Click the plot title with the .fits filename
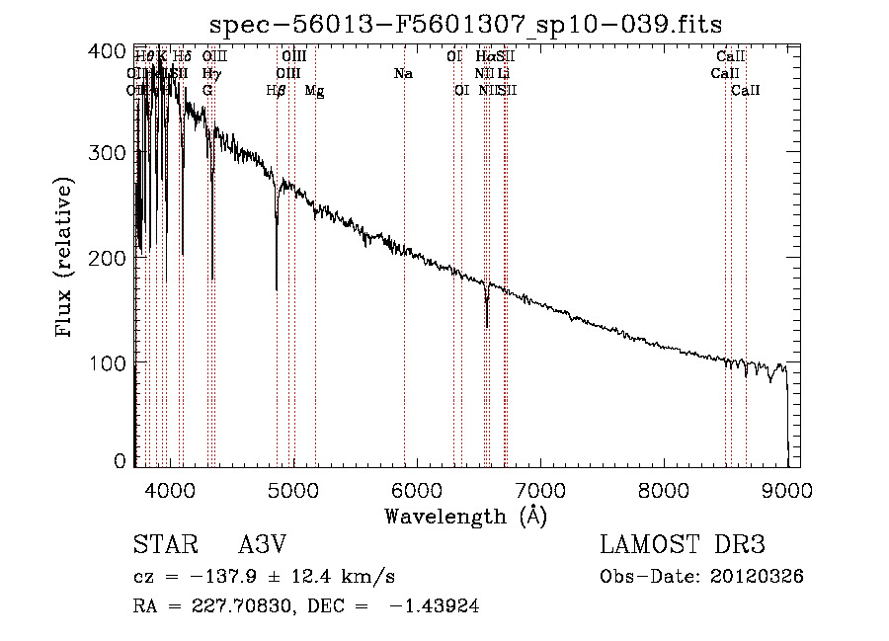[x=467, y=26]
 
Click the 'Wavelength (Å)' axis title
[x=465, y=516]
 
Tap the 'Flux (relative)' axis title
[x=65, y=259]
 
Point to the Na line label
[x=403, y=74]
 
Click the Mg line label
[x=314, y=91]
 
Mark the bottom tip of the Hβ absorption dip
[x=277, y=289]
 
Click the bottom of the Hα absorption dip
[x=486, y=327]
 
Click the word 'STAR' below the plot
[x=163, y=545]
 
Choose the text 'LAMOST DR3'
[x=683, y=545]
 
